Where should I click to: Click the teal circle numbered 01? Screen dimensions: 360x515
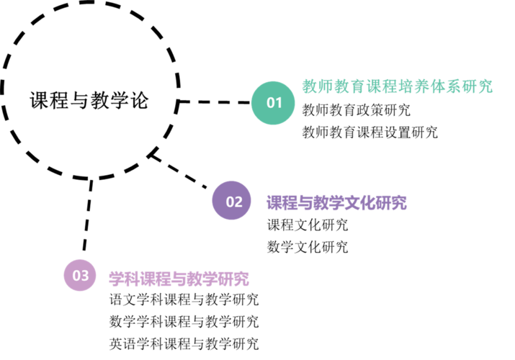click(273, 103)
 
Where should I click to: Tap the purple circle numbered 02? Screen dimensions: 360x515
click(232, 201)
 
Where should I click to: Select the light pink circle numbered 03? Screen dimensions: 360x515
click(80, 275)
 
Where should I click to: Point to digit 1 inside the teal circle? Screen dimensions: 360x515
click(278, 103)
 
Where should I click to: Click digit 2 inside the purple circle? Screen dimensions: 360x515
click(238, 202)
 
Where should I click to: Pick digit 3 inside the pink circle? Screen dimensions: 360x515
click(84, 276)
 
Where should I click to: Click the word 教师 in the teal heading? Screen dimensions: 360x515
click(318, 87)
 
